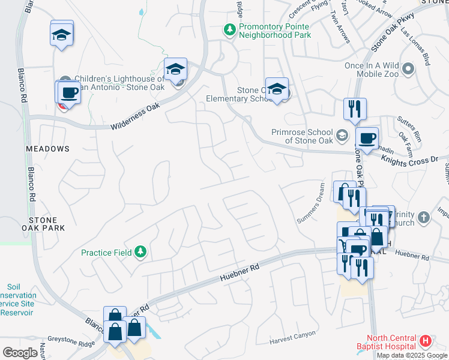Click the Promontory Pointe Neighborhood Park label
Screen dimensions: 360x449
click(274, 31)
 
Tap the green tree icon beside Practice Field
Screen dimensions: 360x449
click(141, 251)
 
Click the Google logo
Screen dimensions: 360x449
click(20, 353)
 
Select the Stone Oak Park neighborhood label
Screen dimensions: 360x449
click(46, 224)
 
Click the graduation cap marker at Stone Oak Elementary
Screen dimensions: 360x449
click(277, 89)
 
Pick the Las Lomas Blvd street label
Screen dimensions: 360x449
click(415, 44)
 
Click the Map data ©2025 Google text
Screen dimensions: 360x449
click(412, 355)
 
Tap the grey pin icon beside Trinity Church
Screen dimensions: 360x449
click(424, 218)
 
